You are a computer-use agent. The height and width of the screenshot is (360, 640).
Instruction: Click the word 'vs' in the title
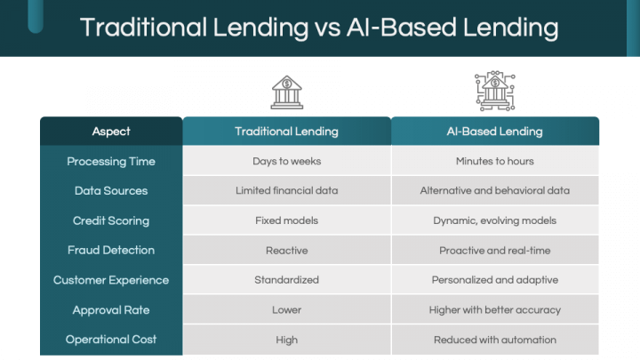[x=327, y=28]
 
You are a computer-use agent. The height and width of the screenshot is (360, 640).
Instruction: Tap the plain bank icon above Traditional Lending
[x=287, y=92]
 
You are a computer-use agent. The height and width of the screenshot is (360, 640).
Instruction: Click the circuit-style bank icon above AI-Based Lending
[x=495, y=91]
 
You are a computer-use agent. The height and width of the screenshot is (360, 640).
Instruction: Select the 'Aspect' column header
[x=111, y=132]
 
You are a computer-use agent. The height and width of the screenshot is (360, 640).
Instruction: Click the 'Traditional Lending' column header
[x=286, y=132]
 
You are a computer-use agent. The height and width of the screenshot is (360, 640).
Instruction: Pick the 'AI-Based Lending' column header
[x=495, y=132]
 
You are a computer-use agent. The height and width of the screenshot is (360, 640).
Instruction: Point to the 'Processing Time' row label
[x=111, y=162]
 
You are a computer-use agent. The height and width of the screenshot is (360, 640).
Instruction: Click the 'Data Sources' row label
[x=111, y=190]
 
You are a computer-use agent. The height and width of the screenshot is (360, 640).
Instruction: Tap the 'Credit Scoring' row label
[x=111, y=220]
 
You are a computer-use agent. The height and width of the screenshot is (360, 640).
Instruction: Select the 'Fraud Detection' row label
[x=111, y=250]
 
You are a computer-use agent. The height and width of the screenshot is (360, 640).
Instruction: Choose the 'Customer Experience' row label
[x=111, y=280]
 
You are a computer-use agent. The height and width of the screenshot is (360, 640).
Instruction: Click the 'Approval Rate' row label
[x=111, y=310]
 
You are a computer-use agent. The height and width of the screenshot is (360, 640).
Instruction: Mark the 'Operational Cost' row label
[x=111, y=340]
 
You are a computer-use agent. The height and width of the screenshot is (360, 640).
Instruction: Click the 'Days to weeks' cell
[x=286, y=161]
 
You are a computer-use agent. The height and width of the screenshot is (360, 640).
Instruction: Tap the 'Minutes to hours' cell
[x=495, y=161]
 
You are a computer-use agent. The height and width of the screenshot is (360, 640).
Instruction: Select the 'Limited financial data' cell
[x=286, y=190]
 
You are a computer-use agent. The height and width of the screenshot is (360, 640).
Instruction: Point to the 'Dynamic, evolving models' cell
[x=495, y=220]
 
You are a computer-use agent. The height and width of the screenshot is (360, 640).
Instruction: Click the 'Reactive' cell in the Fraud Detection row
[x=286, y=251]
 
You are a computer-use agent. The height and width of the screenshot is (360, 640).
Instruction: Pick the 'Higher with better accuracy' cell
[x=495, y=310]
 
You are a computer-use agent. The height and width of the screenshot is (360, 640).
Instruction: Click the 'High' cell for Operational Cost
[x=286, y=340]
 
